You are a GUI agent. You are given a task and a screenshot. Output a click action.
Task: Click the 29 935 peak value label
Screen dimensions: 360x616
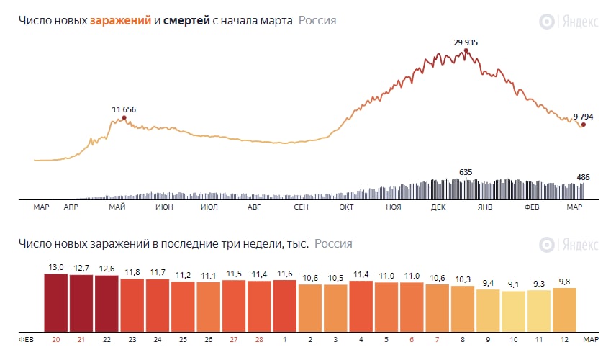point(466,42)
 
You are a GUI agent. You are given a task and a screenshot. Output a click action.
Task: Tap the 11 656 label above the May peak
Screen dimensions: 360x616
point(124,109)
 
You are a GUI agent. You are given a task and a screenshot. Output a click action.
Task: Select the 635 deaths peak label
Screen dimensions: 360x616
point(466,172)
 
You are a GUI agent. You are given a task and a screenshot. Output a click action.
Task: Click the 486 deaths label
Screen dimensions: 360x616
point(584,176)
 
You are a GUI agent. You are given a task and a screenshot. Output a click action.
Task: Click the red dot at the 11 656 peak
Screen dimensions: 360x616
point(124,117)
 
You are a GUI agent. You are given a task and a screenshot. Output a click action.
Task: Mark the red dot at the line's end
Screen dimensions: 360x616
point(583,125)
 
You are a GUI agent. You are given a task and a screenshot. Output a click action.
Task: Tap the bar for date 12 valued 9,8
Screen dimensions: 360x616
point(564,309)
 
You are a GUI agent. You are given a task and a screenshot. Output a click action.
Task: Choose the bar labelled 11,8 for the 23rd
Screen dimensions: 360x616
point(132,305)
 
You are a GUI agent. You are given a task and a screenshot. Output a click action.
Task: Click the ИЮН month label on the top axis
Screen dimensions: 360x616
point(163,207)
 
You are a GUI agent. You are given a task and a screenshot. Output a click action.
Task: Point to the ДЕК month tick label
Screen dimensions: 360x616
point(438,207)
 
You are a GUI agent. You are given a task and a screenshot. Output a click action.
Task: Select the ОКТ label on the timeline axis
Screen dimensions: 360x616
point(347,207)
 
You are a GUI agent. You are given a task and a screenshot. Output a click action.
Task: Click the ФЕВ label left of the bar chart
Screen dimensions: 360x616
point(27,338)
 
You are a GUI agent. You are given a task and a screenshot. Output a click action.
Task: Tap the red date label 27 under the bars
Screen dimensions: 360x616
point(233,338)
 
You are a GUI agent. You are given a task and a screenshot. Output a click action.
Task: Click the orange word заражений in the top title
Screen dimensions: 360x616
point(120,21)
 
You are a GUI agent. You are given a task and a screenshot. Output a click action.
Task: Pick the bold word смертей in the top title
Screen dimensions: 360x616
point(186,21)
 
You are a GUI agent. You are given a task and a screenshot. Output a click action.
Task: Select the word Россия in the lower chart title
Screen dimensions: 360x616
point(333,243)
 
